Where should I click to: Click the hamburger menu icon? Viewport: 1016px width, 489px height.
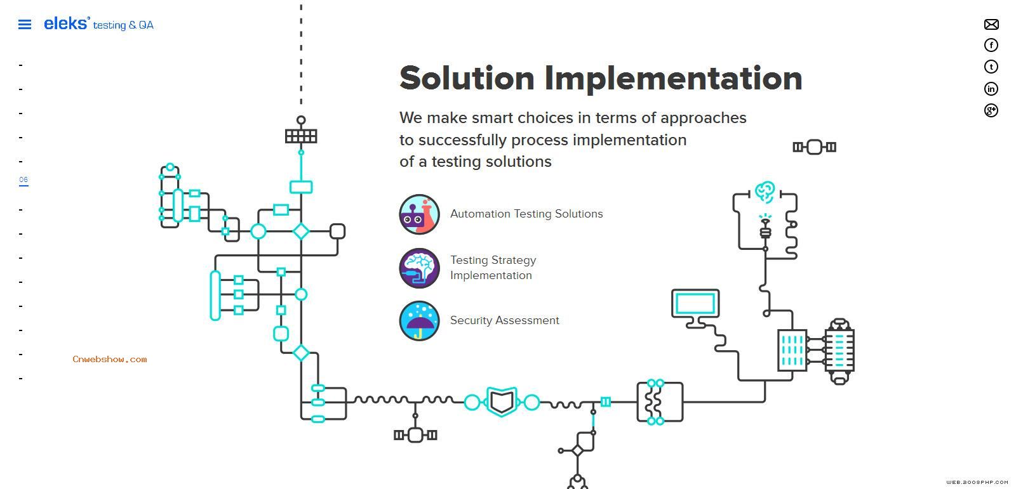[25, 25]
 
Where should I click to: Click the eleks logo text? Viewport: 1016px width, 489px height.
[66, 23]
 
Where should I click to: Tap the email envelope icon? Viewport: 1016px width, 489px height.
[991, 25]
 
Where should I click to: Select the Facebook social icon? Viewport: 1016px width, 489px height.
[991, 45]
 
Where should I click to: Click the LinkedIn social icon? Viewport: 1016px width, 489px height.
[991, 89]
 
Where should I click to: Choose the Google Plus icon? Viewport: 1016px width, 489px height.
[991, 110]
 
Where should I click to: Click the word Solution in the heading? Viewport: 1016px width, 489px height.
[467, 78]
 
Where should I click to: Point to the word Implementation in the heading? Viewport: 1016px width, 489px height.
[673, 78]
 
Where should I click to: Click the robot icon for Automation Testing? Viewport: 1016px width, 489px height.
[419, 214]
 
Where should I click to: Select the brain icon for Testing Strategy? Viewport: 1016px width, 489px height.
[419, 268]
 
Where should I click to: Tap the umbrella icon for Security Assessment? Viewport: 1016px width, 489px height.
[419, 321]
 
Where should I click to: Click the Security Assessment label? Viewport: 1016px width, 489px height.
[504, 320]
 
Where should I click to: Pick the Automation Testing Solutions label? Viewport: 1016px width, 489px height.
[526, 214]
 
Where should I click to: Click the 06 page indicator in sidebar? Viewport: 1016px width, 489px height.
[23, 180]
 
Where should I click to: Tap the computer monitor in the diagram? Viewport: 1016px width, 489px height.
[695, 305]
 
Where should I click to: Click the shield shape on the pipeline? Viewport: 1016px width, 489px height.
[502, 401]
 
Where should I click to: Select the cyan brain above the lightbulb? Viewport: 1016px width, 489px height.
[765, 191]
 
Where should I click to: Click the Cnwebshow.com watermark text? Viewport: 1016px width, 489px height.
[110, 360]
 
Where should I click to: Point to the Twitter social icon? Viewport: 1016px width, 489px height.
[991, 67]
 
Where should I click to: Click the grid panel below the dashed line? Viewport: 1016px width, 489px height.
[301, 136]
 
